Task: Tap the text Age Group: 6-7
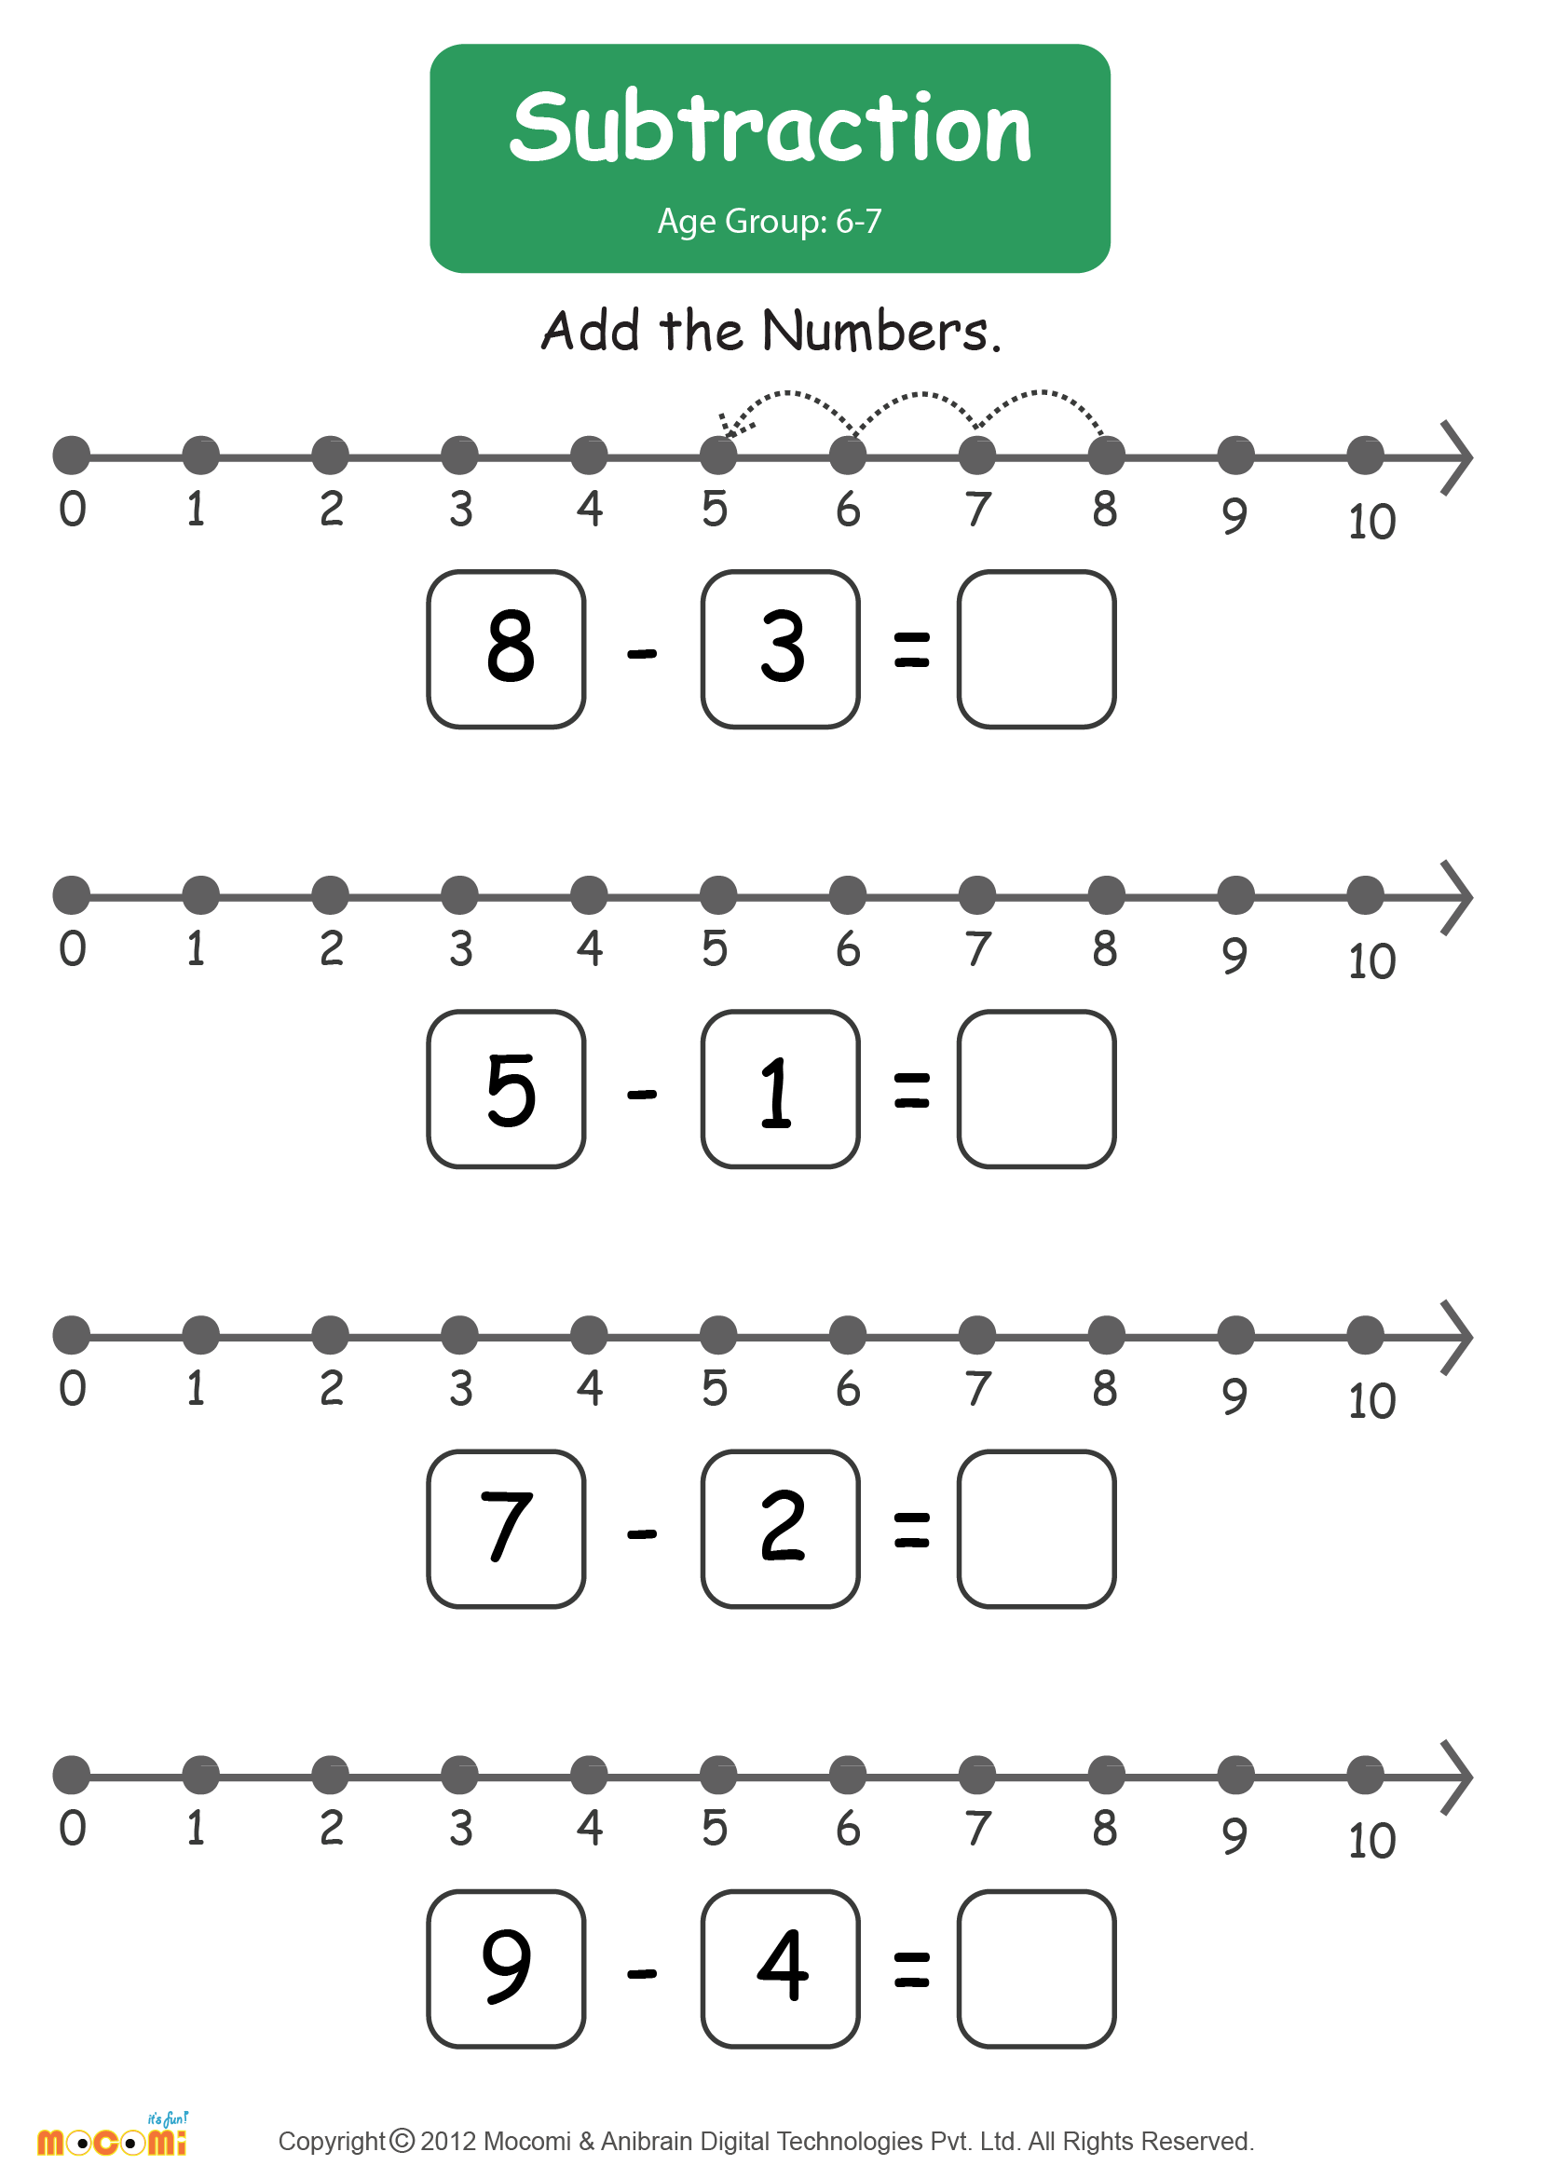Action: coord(770,221)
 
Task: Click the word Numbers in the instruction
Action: coord(881,332)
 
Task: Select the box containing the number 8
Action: coord(506,649)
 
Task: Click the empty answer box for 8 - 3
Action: coord(1036,649)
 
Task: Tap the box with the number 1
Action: coord(780,1088)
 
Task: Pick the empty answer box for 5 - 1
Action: coord(1036,1088)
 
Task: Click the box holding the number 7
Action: coord(506,1529)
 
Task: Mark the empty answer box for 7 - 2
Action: coord(1036,1529)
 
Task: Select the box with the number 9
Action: coord(506,1968)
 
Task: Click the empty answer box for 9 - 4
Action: coord(1036,1968)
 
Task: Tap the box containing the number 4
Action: coord(780,1968)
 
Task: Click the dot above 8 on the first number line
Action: coord(1107,456)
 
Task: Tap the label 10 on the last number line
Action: coord(1372,1841)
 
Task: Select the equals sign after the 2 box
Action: coord(911,1530)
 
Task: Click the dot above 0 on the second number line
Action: coord(71,895)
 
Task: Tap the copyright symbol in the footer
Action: coord(402,2141)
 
